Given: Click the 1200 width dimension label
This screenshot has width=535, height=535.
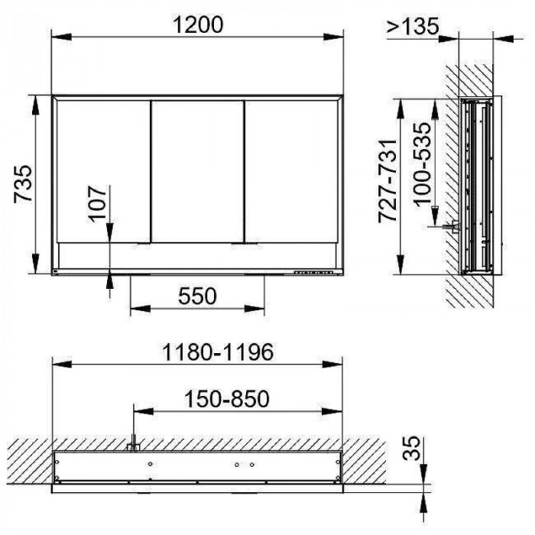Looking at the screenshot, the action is pos(198,24).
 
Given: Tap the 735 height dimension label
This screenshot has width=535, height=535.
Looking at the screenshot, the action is pos(23,184).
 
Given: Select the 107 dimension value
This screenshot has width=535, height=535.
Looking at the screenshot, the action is pos(97,204).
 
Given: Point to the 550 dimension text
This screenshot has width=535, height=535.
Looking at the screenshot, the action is pos(197,296).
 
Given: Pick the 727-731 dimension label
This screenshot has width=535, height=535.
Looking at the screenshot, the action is pos(388,180).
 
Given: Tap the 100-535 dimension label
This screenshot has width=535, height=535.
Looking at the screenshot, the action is pos(423,164).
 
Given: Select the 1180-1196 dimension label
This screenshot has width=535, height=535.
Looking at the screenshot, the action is pos(218,352).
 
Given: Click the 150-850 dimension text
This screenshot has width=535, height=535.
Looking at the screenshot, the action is pos(226,398).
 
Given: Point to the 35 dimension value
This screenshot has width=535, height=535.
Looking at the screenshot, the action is pos(411,448).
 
